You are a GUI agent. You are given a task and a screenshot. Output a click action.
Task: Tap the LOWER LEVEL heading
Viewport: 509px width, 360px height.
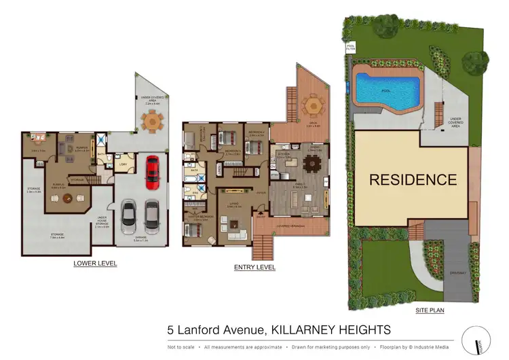pos(95,263)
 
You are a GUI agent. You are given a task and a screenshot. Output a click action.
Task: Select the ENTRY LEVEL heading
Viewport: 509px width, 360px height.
pos(254,267)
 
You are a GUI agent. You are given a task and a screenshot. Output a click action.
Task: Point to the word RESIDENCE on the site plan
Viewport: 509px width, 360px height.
pos(413,180)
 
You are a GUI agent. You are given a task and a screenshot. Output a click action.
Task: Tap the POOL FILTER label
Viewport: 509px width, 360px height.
pos(351,48)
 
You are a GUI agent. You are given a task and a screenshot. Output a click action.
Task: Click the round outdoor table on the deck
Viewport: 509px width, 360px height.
pos(313,105)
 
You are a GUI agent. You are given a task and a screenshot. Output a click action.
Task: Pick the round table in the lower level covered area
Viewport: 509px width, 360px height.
pos(153,122)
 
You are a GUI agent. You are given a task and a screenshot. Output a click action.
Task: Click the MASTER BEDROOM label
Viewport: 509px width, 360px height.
pos(200,217)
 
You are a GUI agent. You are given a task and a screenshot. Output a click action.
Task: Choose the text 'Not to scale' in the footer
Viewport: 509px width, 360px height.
pos(181,346)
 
